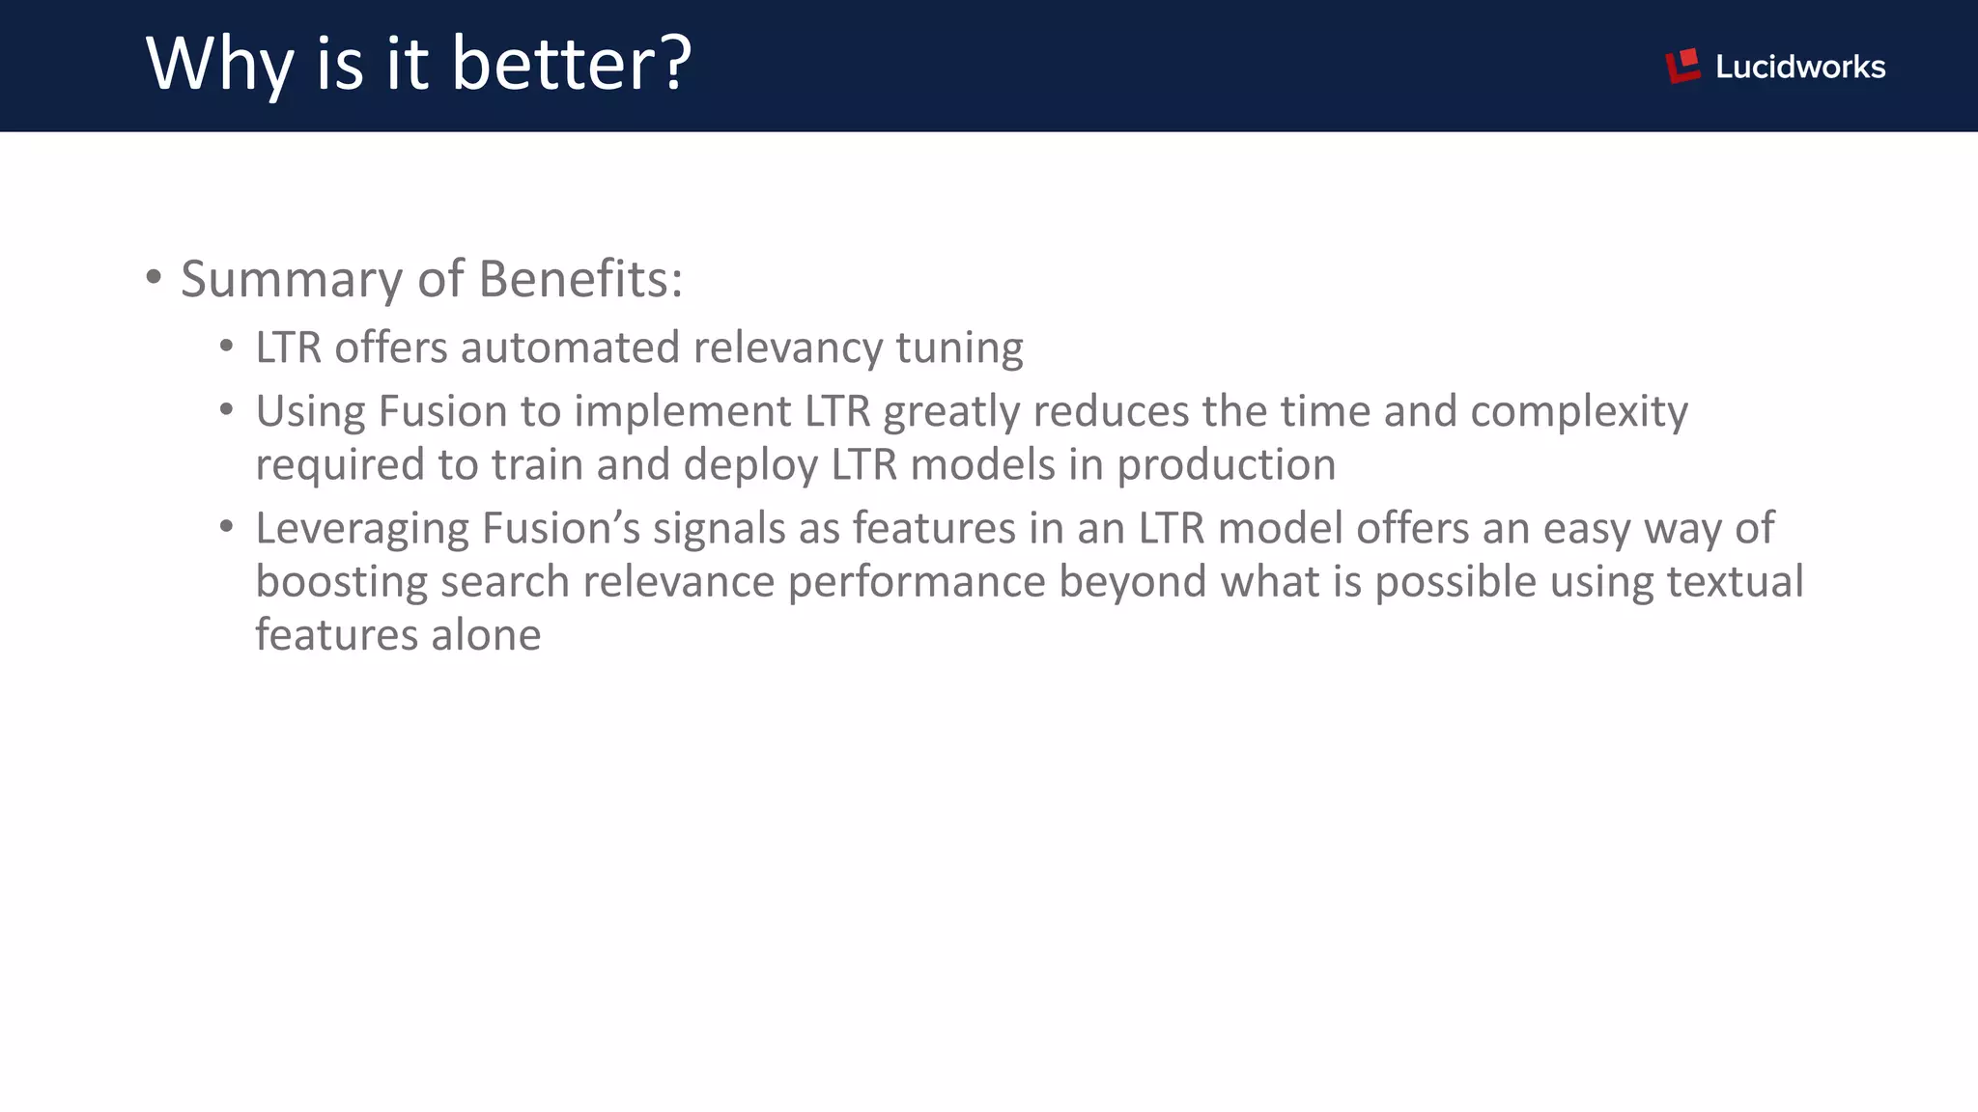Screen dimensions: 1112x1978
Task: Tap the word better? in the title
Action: coord(572,64)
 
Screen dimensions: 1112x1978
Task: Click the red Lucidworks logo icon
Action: coord(1682,66)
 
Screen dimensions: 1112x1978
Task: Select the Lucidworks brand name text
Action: coord(1800,67)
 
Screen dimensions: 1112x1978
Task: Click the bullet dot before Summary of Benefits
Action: coord(154,278)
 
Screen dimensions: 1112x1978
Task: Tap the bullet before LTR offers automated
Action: coord(227,346)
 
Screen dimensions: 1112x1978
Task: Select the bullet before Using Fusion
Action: coord(227,410)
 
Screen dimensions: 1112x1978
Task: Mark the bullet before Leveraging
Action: coord(227,527)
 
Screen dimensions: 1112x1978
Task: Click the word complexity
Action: coord(1579,412)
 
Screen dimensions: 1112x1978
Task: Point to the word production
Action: coord(1226,465)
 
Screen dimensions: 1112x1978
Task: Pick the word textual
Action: coord(1735,582)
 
